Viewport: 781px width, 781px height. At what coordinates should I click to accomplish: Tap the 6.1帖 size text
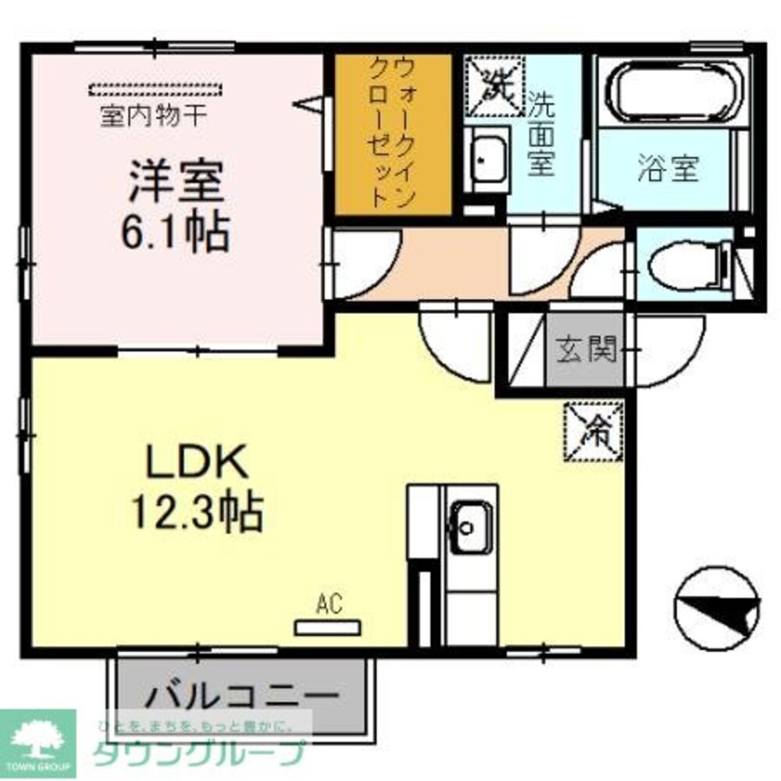(x=174, y=230)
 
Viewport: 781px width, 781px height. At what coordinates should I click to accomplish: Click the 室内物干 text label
(x=153, y=117)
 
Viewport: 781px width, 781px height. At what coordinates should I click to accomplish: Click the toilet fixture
(x=684, y=266)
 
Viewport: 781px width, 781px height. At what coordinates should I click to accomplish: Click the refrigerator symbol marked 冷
(x=594, y=430)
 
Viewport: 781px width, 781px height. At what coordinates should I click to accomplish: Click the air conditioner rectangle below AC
(x=327, y=627)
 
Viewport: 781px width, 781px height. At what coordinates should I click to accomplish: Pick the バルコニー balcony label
(x=242, y=694)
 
